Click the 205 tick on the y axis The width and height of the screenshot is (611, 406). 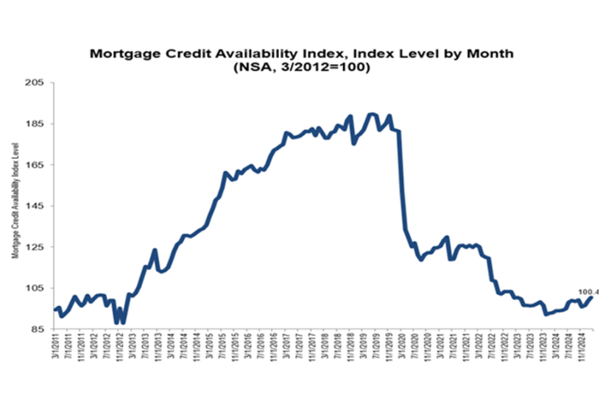[37, 83]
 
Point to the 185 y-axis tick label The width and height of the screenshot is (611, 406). [37, 124]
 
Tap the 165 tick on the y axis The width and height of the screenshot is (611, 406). [37, 165]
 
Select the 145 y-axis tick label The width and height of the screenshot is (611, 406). [37, 206]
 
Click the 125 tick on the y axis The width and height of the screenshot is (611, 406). [37, 247]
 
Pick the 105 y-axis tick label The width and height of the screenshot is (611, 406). [37, 288]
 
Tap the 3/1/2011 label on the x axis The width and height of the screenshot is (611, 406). [58, 349]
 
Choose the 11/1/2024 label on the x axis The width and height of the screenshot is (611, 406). [581, 349]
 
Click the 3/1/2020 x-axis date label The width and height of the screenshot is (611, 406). [402, 349]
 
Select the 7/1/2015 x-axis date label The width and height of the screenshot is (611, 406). [224, 349]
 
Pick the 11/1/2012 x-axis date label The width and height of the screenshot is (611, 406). [122, 349]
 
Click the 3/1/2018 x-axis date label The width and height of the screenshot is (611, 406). [325, 349]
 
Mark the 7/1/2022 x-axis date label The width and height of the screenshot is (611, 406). [491, 349]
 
